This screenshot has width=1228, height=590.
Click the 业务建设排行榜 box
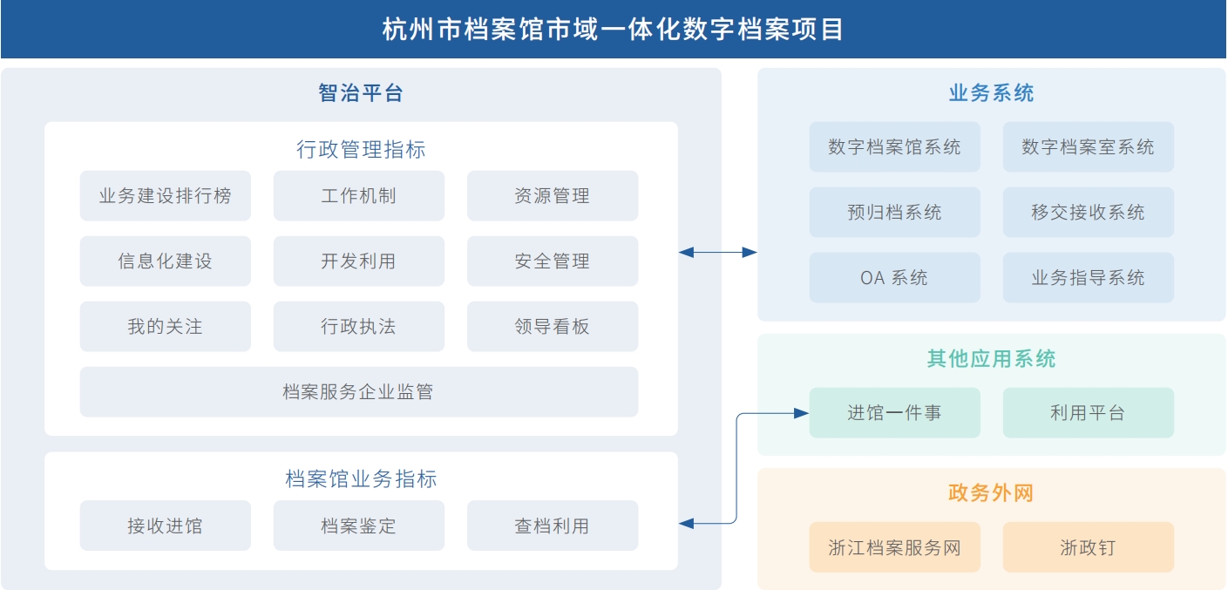[x=165, y=196]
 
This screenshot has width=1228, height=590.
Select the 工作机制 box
[x=358, y=196]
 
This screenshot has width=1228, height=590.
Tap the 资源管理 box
[x=552, y=196]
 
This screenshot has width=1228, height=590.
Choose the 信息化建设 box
[x=165, y=261]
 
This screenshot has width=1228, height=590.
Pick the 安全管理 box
[x=552, y=261]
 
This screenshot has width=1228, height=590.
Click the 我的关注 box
[x=165, y=327]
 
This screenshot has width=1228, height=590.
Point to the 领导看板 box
[x=552, y=327]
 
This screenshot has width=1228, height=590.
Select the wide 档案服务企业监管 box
[x=358, y=392]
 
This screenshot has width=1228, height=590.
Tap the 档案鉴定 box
[x=358, y=526]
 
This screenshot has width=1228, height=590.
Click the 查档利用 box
[x=552, y=526]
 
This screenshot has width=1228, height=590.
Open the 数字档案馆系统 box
[x=894, y=147]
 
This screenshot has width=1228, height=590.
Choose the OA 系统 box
[x=894, y=278]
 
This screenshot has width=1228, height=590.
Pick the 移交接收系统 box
[x=1088, y=213]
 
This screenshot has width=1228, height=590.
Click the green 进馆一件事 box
[x=894, y=413]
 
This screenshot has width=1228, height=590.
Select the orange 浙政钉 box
[x=1088, y=547]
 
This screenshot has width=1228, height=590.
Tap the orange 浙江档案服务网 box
[x=894, y=547]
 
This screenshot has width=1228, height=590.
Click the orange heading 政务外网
[x=991, y=493]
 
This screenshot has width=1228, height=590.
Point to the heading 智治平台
[x=361, y=93]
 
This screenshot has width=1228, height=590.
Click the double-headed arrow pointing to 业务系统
[x=717, y=253]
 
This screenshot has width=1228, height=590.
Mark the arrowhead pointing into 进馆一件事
[x=801, y=413]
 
